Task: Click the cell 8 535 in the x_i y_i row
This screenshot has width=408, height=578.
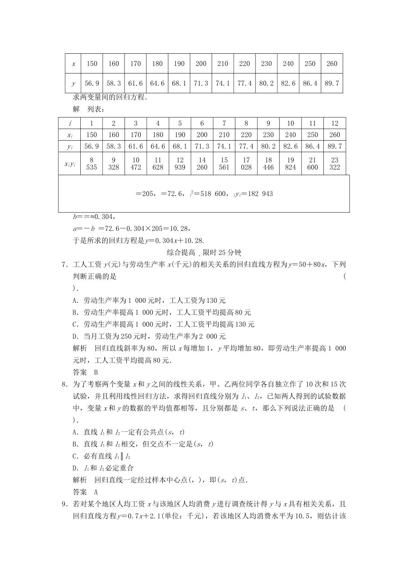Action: [x=91, y=164]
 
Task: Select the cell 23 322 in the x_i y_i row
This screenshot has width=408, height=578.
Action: [x=335, y=164]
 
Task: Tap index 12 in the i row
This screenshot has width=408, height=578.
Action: [x=335, y=123]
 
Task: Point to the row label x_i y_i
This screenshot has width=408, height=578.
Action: [x=70, y=164]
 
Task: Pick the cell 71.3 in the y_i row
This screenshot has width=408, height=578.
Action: [x=202, y=146]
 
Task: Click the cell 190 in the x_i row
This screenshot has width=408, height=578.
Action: [x=180, y=135]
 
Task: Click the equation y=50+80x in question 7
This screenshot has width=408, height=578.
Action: [x=304, y=264]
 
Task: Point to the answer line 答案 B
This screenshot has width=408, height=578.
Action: [x=85, y=372]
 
